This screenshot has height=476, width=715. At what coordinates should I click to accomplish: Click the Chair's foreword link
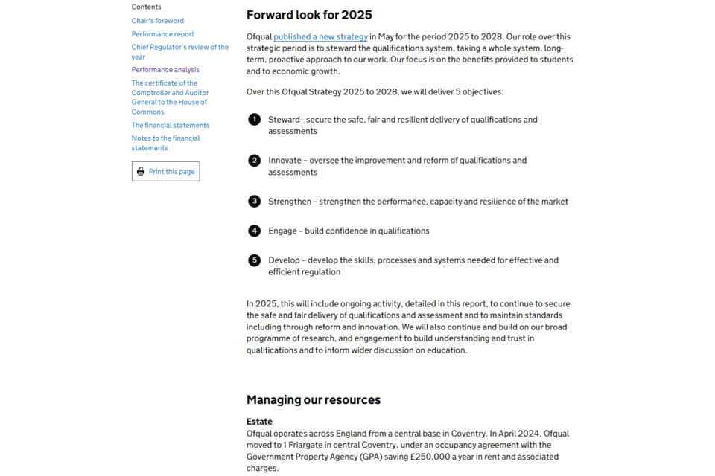point(158,21)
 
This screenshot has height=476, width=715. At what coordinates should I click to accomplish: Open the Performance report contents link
point(163,34)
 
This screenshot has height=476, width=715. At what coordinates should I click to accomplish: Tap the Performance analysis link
point(165,70)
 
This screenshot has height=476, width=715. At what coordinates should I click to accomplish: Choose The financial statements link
point(171,125)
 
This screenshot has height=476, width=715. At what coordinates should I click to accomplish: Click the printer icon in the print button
point(141,172)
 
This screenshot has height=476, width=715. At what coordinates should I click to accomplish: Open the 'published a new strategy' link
point(320,37)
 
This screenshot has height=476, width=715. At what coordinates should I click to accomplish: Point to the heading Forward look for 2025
point(309,15)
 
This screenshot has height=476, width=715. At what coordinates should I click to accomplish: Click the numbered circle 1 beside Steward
point(255,119)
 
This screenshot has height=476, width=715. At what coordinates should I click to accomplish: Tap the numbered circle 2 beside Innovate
point(255,160)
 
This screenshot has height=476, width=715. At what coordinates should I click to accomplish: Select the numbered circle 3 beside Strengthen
point(255,201)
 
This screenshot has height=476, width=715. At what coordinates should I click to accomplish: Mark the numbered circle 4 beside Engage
point(255,231)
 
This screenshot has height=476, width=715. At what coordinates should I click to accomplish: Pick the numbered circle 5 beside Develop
point(255,260)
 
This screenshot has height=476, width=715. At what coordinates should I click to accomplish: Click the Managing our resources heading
point(314,400)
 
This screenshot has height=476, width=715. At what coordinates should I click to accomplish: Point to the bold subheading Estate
point(259,422)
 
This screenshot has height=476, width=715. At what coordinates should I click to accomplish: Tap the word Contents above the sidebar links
point(146,7)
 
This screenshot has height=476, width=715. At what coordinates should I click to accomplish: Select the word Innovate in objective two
point(285,161)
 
